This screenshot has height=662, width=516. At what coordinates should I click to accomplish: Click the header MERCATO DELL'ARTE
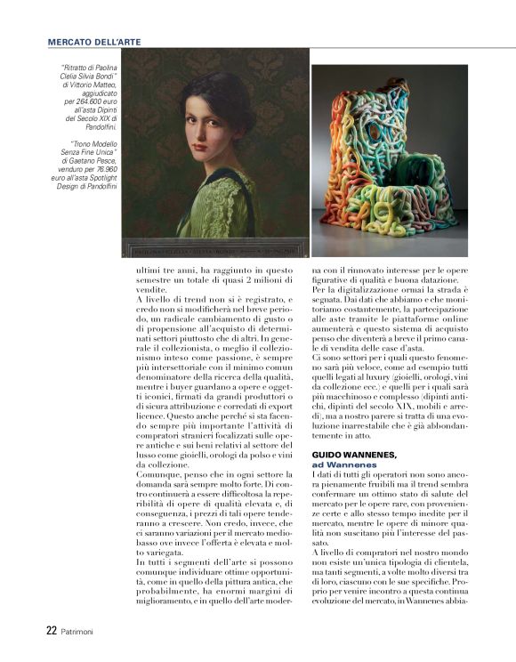click(93, 41)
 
